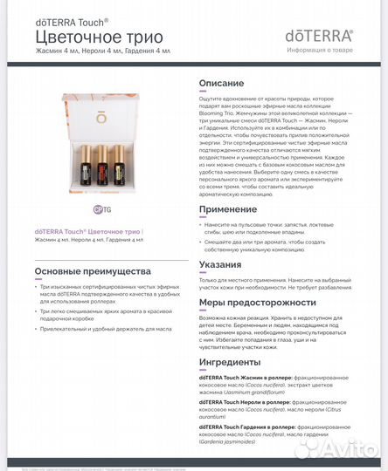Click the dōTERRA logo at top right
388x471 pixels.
pos(319,36)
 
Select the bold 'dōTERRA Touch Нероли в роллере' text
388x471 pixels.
pos(243,402)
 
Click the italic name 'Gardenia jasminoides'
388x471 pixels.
pos(233,441)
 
